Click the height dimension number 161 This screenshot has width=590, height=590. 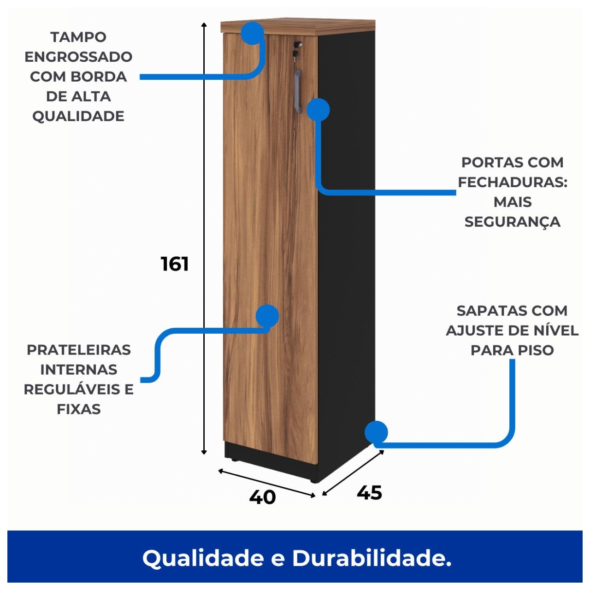click(175, 264)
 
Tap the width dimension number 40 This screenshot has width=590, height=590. click(262, 497)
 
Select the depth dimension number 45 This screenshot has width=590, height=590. click(369, 493)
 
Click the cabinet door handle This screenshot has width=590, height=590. click(298, 90)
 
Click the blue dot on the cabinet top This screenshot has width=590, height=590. click(252, 33)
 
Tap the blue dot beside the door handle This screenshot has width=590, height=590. click(318, 110)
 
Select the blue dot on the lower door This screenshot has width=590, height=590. click(267, 316)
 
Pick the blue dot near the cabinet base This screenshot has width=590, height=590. click(376, 432)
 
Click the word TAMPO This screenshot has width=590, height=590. click(78, 37)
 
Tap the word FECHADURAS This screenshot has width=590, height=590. click(512, 182)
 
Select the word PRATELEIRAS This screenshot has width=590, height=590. click(79, 350)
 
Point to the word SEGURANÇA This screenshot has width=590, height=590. click(512, 222)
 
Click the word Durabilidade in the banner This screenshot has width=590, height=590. click(372, 558)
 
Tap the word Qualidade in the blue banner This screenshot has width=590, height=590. click(203, 558)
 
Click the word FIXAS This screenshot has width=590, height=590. click(79, 409)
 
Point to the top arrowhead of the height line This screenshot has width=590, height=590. click(204, 24)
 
